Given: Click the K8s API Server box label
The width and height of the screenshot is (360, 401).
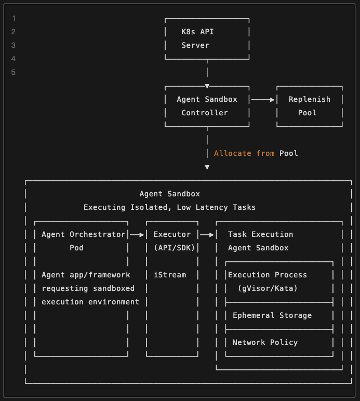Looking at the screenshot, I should coord(197,38).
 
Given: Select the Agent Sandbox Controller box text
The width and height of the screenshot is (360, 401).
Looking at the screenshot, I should coord(207,105).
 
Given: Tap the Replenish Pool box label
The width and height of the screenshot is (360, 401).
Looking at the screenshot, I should coord(309,105).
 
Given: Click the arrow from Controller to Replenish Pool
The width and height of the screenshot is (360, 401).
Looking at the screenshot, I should coord(263,99).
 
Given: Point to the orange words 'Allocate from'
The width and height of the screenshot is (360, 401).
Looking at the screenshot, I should coord(245,153).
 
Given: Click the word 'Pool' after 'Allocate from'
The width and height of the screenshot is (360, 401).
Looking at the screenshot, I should coord(289,153).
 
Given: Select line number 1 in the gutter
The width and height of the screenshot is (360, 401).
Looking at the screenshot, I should coord(14,18).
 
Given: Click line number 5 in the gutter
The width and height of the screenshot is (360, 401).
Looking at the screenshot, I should coord(14,72).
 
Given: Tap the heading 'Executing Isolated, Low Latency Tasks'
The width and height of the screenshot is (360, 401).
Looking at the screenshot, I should coord(169,207).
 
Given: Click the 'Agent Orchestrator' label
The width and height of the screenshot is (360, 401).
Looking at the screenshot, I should coord(83,234).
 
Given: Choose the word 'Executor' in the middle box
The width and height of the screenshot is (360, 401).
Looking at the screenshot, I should coord(172,234).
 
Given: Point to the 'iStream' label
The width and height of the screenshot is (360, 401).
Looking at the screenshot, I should coord(169,275).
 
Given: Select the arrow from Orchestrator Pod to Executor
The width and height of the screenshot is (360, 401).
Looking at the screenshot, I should coord(137,235).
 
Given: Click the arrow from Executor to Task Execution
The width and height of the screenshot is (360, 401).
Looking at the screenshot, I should coord(207,235).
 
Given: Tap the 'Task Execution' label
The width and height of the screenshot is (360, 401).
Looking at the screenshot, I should coord(260,234).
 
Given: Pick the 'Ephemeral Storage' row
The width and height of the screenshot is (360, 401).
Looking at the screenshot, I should coord(272,315).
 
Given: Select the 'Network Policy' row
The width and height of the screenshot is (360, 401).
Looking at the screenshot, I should coord(264,342).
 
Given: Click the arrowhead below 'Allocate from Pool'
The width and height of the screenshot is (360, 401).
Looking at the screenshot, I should coord(207,167).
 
